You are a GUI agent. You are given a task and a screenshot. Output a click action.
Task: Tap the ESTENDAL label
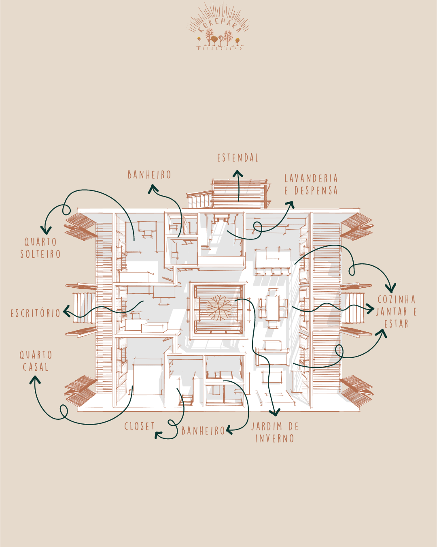pyautogui.click(x=238, y=158)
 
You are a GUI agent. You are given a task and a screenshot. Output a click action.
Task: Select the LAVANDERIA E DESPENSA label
pyautogui.click(x=311, y=184)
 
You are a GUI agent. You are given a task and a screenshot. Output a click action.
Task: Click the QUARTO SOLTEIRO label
pyautogui.click(x=40, y=248)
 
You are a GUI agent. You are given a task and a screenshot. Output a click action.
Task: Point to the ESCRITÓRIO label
pyautogui.click(x=36, y=313)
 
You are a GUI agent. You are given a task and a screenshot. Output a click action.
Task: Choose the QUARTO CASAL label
pyautogui.click(x=36, y=361)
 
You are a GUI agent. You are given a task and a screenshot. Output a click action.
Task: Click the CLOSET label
pyautogui.click(x=140, y=426)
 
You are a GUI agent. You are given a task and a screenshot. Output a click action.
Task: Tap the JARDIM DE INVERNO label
pyautogui.click(x=275, y=432)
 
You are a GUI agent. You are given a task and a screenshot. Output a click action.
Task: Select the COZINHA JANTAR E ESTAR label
pyautogui.click(x=396, y=312)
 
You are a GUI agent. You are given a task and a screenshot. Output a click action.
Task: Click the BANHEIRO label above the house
pyautogui.click(x=149, y=175)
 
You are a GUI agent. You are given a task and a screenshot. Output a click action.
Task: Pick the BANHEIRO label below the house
pyautogui.click(x=203, y=431)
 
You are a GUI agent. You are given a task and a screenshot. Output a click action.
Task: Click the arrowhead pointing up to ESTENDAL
pyautogui.click(x=238, y=174)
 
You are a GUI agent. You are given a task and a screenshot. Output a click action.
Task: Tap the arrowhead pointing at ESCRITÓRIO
pyautogui.click(x=66, y=312)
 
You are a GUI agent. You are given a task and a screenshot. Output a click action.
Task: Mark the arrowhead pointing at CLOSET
pyautogui.click(x=158, y=435)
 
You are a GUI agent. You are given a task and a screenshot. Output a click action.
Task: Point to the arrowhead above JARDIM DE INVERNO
pyautogui.click(x=275, y=413)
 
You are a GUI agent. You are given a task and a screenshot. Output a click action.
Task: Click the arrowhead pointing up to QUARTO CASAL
pyautogui.click(x=35, y=380)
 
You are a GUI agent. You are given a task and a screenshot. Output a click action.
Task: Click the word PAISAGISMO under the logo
pyautogui.click(x=220, y=49)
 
